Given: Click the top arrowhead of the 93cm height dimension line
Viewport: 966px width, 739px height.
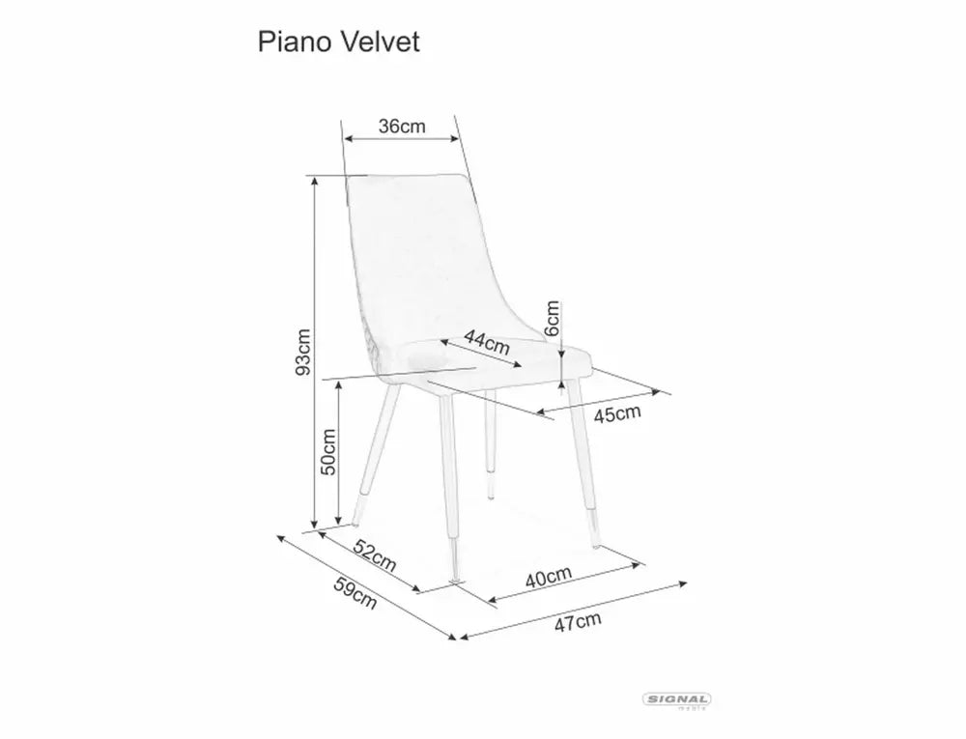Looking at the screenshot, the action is click(x=315, y=179).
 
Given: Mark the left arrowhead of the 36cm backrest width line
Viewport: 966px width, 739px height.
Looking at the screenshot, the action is click(x=347, y=138).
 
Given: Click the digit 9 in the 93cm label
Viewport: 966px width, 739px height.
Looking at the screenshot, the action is click(x=303, y=369).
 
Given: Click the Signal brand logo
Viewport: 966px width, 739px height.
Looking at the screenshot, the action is click(x=676, y=700).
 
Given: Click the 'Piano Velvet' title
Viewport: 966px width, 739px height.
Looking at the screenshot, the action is click(x=339, y=42).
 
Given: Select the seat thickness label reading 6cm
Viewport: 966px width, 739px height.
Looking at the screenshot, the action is click(x=553, y=318).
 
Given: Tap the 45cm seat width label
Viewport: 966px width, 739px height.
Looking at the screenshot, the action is click(x=617, y=413).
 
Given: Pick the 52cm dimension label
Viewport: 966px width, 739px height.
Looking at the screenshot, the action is click(x=375, y=554).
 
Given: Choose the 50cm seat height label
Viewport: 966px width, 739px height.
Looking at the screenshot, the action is click(x=328, y=451).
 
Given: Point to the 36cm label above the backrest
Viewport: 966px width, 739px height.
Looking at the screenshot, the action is click(x=402, y=127).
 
